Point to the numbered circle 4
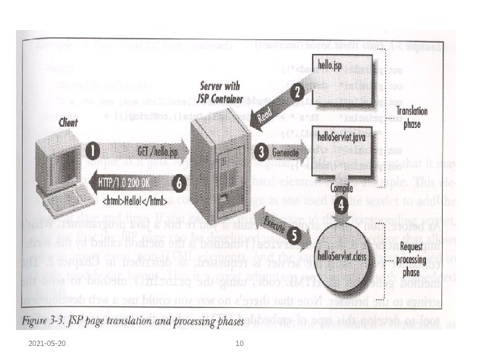[x=341, y=205]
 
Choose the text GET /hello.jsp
[x=141, y=151]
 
